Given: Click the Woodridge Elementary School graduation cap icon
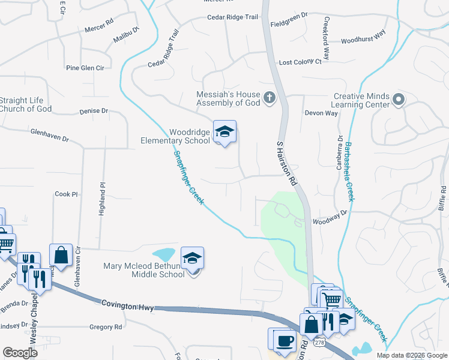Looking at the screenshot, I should tap(224, 133).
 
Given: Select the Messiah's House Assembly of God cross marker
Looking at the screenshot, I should tap(270, 97).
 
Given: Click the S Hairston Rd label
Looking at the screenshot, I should tap(287, 163).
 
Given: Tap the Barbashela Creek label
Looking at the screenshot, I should tap(349, 172).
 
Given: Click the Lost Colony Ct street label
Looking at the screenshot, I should tap(300, 62).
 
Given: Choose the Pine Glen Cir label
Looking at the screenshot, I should tap(85, 68).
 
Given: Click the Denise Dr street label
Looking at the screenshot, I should tap(93, 111).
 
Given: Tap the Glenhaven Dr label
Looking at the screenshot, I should tap(49, 134).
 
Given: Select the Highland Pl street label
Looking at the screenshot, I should tap(101, 200).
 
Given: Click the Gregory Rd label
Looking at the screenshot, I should tap(105, 327).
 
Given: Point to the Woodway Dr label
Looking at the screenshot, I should tap(330, 212).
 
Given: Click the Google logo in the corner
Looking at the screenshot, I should tap(20, 353).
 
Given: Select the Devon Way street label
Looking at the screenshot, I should tap(321, 113).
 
